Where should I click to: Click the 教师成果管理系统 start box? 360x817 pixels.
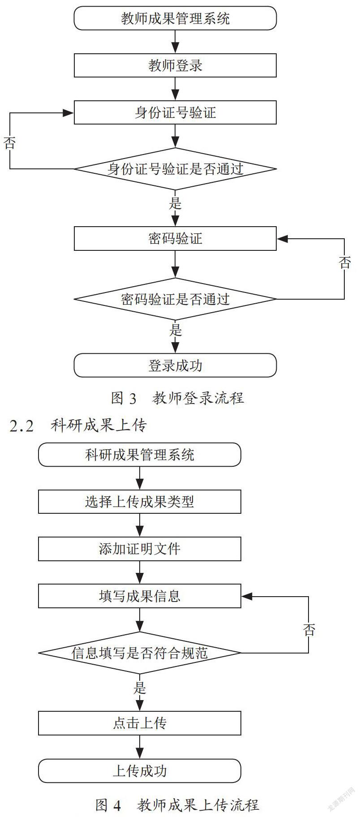pos(175,18)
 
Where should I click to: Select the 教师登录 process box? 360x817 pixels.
pos(175,65)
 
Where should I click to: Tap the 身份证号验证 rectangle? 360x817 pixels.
pos(175,112)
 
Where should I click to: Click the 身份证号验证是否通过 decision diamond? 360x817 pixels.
pos(175,169)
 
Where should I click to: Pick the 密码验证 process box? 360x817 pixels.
pos(175,238)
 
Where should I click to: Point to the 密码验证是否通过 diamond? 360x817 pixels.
pos(175,299)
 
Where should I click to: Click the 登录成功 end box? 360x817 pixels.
pos(175,365)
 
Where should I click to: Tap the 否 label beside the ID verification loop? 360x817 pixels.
pos(9,143)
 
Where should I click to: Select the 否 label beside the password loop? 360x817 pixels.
pos(345,262)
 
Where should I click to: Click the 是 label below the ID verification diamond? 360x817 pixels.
pos(176,203)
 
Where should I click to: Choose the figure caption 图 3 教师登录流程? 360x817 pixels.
pos(177,398)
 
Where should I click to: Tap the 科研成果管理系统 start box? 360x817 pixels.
pos(140,455)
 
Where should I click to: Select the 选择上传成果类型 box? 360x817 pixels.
pos(140,502)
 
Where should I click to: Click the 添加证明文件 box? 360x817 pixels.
pos(140,549)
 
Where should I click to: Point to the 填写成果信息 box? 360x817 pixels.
pos(140,596)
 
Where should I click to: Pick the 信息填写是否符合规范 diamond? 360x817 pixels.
pos(140,653)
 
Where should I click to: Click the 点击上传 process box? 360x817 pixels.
pos(140,723)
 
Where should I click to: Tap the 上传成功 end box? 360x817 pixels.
pos(140,771)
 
